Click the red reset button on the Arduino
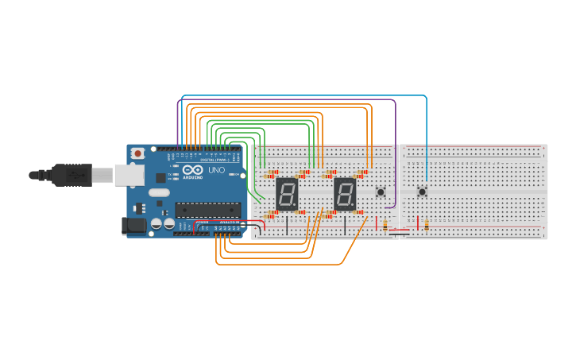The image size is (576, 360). (138, 153)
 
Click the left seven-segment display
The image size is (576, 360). (287, 193)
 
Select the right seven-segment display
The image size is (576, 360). (345, 193)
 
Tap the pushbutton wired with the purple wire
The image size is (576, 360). (381, 192)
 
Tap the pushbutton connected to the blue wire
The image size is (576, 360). (422, 191)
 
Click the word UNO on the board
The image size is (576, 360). (216, 170)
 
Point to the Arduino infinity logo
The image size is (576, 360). (193, 169)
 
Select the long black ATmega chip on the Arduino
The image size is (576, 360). (207, 210)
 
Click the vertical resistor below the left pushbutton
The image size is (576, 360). (385, 225)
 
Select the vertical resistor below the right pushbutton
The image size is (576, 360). (427, 225)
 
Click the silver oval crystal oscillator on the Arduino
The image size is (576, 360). (159, 192)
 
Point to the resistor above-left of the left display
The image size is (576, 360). (272, 172)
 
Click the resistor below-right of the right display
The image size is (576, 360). (358, 212)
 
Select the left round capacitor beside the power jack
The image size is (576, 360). (157, 225)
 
